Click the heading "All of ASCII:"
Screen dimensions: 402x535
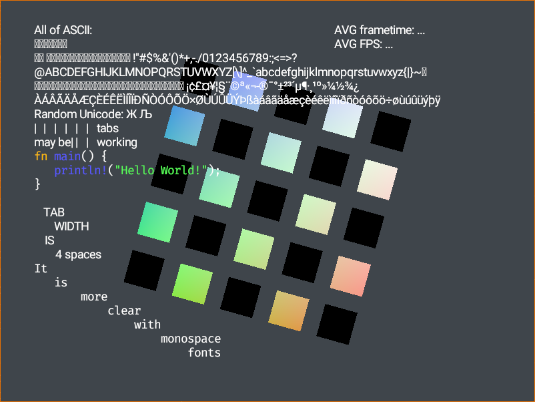(x=63, y=30)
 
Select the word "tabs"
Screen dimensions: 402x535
(x=107, y=128)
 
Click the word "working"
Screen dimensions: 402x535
(x=117, y=142)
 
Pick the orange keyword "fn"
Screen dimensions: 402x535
(x=41, y=156)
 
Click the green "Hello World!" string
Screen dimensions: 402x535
(x=160, y=170)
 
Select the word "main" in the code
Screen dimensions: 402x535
(x=67, y=156)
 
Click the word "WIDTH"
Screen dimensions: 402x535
(x=71, y=226)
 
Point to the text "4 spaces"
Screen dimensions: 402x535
(x=78, y=254)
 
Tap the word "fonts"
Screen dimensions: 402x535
(x=204, y=353)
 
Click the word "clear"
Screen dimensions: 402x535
(x=124, y=311)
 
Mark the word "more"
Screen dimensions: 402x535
(x=93, y=296)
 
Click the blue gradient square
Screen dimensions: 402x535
(x=184, y=126)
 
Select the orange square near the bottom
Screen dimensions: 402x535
(x=289, y=311)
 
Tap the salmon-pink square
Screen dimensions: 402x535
(x=350, y=276)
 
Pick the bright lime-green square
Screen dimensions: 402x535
(x=193, y=284)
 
